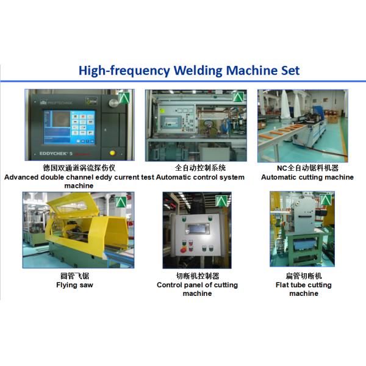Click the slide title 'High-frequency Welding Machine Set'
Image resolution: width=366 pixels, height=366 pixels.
click(189, 71)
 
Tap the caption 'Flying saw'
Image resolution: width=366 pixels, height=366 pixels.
click(74, 285)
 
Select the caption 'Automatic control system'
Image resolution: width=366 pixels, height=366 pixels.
click(200, 177)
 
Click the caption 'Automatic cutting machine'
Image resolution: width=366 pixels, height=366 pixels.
click(307, 177)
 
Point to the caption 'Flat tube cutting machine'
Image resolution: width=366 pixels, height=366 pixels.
click(304, 289)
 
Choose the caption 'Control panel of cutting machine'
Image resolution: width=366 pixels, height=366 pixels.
click(197, 289)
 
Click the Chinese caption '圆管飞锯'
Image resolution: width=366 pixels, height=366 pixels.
click(74, 276)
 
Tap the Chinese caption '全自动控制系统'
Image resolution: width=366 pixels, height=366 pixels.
click(200, 168)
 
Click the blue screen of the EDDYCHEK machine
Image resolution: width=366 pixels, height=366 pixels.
click(70, 127)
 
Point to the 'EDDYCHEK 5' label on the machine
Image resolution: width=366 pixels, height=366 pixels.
click(56, 154)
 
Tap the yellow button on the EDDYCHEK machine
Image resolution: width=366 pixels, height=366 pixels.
click(112, 153)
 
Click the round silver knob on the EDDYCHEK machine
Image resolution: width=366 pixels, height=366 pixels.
click(113, 103)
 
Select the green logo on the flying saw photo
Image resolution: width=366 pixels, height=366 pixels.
click(121, 202)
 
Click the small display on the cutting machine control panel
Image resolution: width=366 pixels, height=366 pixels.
click(197, 229)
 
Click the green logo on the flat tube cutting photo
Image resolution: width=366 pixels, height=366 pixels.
click(325, 200)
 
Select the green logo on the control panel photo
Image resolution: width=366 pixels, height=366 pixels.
click(221, 201)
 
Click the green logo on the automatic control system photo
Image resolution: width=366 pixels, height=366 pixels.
click(238, 96)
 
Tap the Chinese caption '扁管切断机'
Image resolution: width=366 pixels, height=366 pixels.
click(304, 276)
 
